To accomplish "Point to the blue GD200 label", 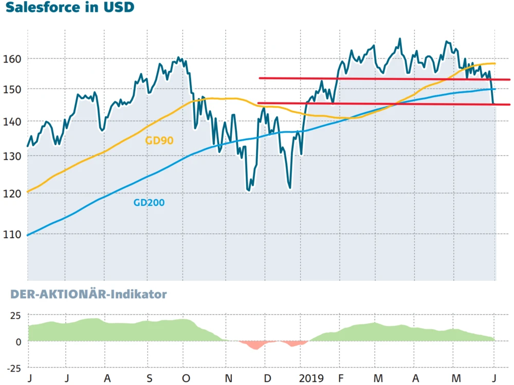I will (x=149, y=203).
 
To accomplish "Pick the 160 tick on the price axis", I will (x=14, y=59).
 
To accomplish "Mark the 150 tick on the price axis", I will (x=14, y=89).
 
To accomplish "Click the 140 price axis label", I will (x=14, y=122).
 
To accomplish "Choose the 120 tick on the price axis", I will (x=14, y=194).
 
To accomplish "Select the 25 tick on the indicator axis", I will (x=16, y=315).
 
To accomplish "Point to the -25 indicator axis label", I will (x=14, y=368).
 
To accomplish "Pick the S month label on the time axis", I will (x=149, y=378).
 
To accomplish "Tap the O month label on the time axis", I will (x=186, y=378).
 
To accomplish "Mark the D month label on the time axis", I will (x=267, y=378).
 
